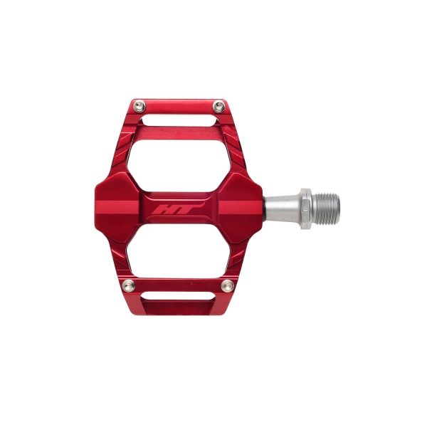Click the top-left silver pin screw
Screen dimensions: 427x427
pyautogui.click(x=139, y=106)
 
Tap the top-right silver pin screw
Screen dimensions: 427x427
pyautogui.click(x=218, y=106)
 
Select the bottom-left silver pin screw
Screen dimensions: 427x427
pyautogui.click(x=129, y=285)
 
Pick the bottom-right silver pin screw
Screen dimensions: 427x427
pyautogui.click(x=228, y=285)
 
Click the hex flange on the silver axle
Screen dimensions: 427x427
pyautogui.click(x=306, y=209)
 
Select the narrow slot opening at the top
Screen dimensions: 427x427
pyautogui.click(x=180, y=120)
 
